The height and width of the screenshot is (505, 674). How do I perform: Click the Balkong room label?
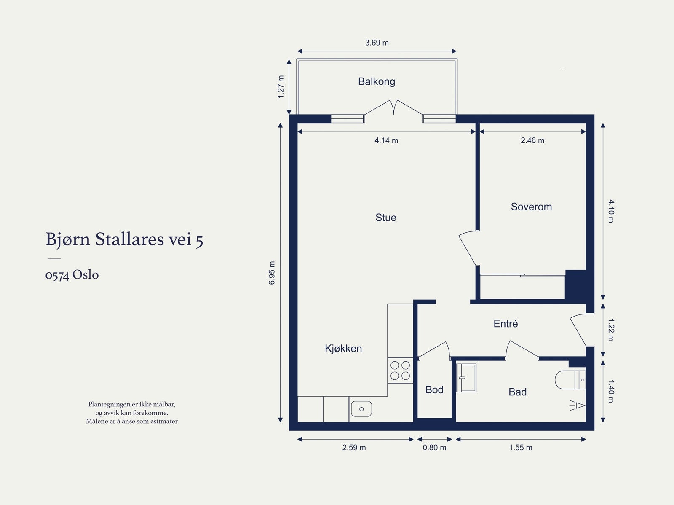pos(376,81)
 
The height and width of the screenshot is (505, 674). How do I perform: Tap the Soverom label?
pos(531,207)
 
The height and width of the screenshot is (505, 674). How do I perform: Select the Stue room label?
pos(385,218)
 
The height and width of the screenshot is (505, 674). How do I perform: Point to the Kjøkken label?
pos(343,348)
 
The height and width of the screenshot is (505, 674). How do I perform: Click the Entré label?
pos(505,323)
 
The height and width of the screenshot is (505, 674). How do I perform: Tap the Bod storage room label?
pos(434,389)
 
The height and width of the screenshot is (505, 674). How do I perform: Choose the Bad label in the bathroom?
pos(517,392)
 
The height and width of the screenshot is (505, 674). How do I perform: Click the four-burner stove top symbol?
pos(400,370)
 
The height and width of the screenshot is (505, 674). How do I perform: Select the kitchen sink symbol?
pos(361,409)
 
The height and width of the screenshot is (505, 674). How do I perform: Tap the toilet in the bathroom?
pos(570,380)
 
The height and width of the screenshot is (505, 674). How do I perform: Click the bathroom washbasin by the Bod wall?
pos(466,378)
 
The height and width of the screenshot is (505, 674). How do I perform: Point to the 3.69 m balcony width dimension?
pos(377,43)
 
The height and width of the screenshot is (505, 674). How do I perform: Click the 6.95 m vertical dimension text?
pos(272,273)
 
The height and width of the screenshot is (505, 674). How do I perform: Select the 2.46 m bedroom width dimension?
pos(532,140)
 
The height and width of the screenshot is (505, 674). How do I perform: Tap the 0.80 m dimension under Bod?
pos(434,447)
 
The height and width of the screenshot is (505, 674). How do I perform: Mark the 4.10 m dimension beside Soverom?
pos(611,211)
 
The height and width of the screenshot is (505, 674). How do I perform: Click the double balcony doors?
pos(393,108)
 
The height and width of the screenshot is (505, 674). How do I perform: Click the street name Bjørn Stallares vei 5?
pos(124,239)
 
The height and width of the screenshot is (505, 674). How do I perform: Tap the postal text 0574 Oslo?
pos(72,275)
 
